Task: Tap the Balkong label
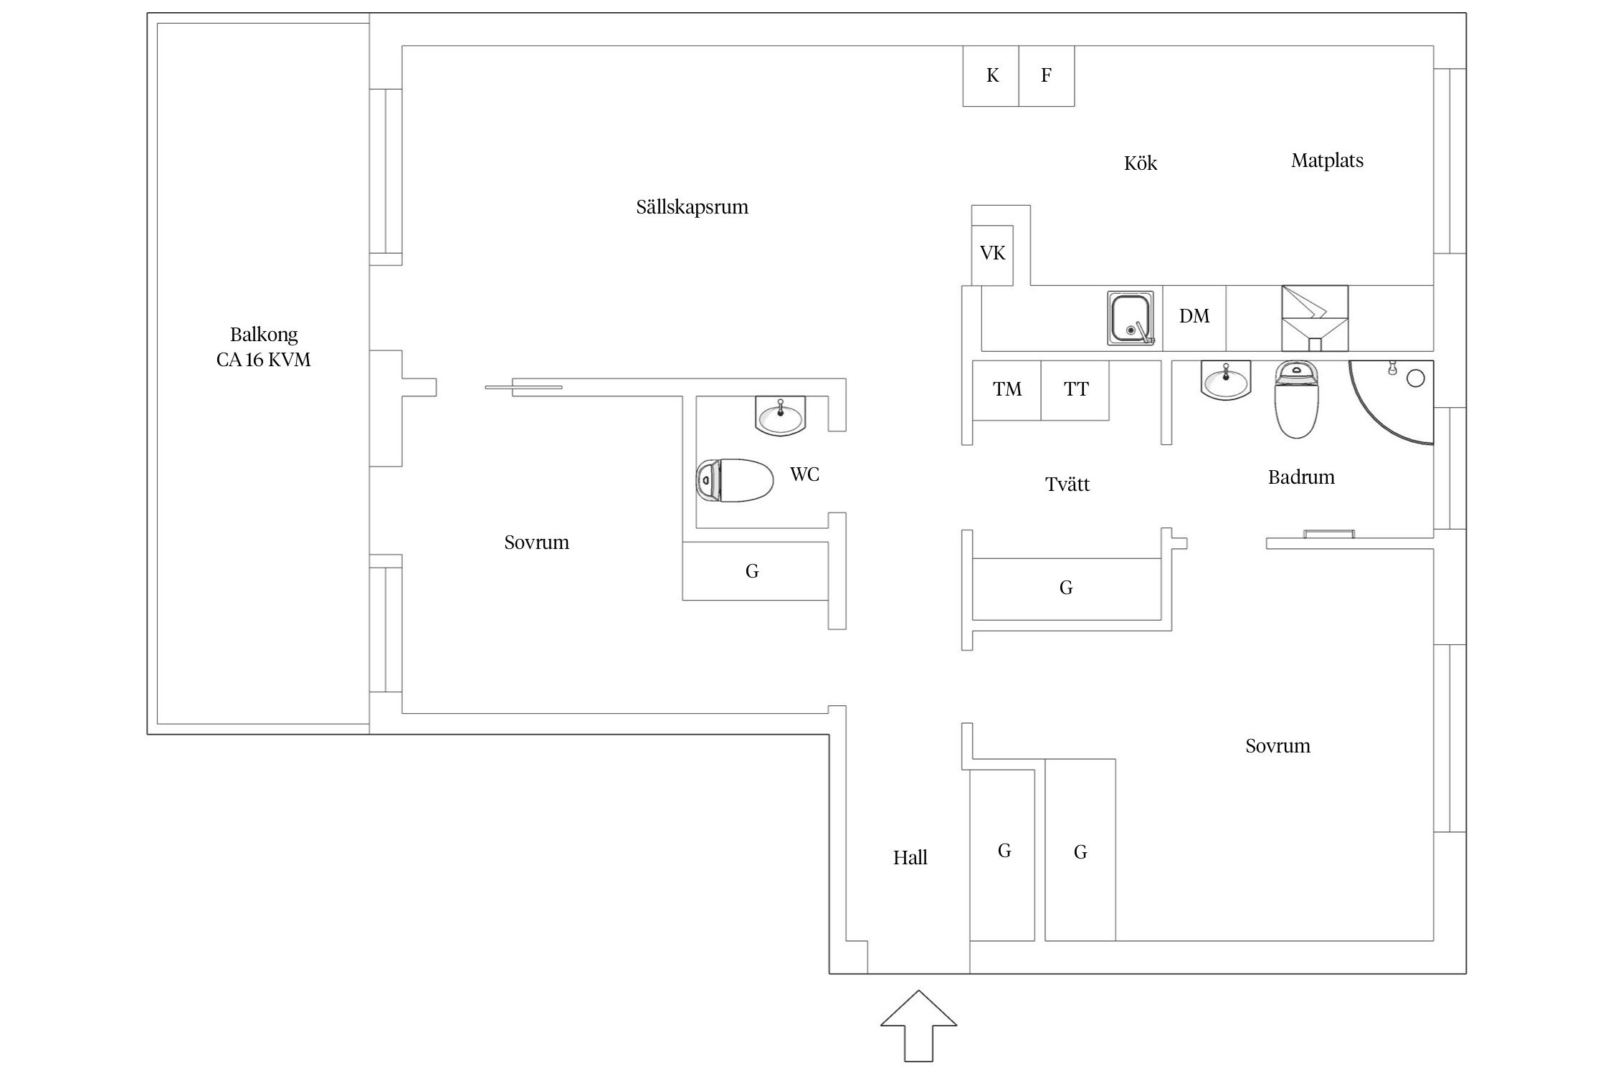[x=264, y=335]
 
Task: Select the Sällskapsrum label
[x=692, y=207]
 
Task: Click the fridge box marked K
[x=991, y=76]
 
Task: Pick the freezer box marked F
[x=1047, y=76]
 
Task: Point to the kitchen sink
[x=1131, y=317]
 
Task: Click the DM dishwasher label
[x=1194, y=316]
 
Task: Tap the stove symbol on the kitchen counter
[x=1314, y=317]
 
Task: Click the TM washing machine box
[x=1007, y=390]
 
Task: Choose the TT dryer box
[x=1075, y=390]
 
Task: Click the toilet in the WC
[x=735, y=479]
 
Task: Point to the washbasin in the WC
[x=781, y=416]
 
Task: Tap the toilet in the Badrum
[x=1296, y=400]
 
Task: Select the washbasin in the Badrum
[x=1226, y=380]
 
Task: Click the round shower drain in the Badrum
[x=1415, y=378]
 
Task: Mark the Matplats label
[x=1327, y=161]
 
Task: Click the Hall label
[x=910, y=858]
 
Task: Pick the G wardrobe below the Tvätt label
[x=1066, y=588]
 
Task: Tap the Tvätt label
[x=1067, y=484]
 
